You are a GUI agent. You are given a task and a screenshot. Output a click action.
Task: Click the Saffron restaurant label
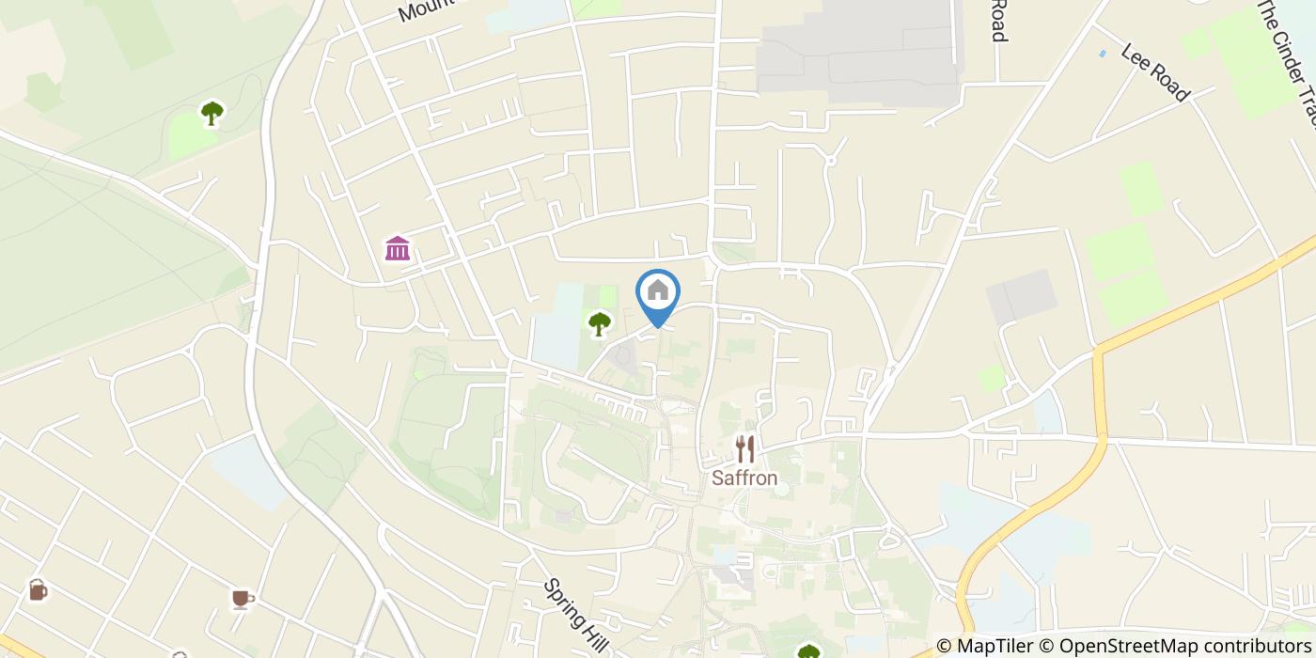(x=744, y=478)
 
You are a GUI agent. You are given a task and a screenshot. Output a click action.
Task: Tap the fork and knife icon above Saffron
(x=744, y=449)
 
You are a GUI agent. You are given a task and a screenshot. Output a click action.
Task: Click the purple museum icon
(x=398, y=249)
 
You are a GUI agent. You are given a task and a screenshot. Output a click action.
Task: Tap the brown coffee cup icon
(x=242, y=599)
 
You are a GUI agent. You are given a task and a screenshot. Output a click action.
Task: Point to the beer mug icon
(x=38, y=589)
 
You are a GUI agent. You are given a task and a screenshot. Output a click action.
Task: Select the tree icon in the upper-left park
(x=212, y=114)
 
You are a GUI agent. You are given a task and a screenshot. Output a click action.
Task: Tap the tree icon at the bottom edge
(x=808, y=651)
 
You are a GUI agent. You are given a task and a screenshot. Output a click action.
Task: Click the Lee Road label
(x=1155, y=71)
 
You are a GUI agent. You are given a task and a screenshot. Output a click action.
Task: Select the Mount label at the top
(x=421, y=11)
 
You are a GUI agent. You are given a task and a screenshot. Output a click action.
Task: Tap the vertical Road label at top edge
(x=998, y=21)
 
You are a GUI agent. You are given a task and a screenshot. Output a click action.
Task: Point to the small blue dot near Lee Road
(x=1103, y=54)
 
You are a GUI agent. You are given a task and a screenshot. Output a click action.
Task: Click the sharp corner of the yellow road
(x=1097, y=351)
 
